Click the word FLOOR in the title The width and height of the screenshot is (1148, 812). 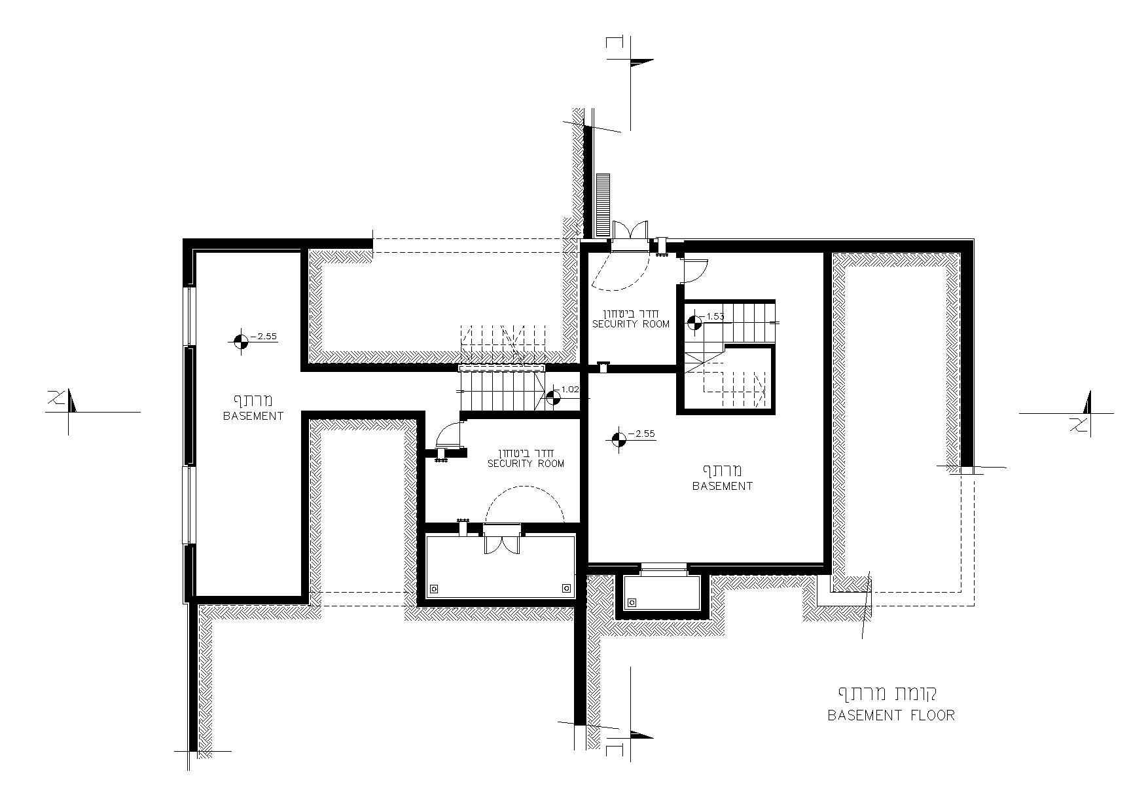(933, 714)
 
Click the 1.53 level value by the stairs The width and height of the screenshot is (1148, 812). (715, 317)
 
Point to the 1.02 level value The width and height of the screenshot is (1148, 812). (570, 389)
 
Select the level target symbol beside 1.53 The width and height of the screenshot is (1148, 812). (695, 322)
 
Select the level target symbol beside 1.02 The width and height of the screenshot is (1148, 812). (553, 397)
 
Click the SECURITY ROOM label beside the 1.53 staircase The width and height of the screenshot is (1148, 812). (631, 324)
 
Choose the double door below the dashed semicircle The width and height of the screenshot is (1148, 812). (501, 539)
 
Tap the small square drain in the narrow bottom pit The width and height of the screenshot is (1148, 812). (632, 602)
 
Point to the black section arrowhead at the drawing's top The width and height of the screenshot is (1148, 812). (642, 63)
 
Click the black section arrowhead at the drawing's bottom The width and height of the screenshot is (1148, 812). (642, 735)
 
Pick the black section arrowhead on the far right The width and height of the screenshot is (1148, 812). (1087, 402)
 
